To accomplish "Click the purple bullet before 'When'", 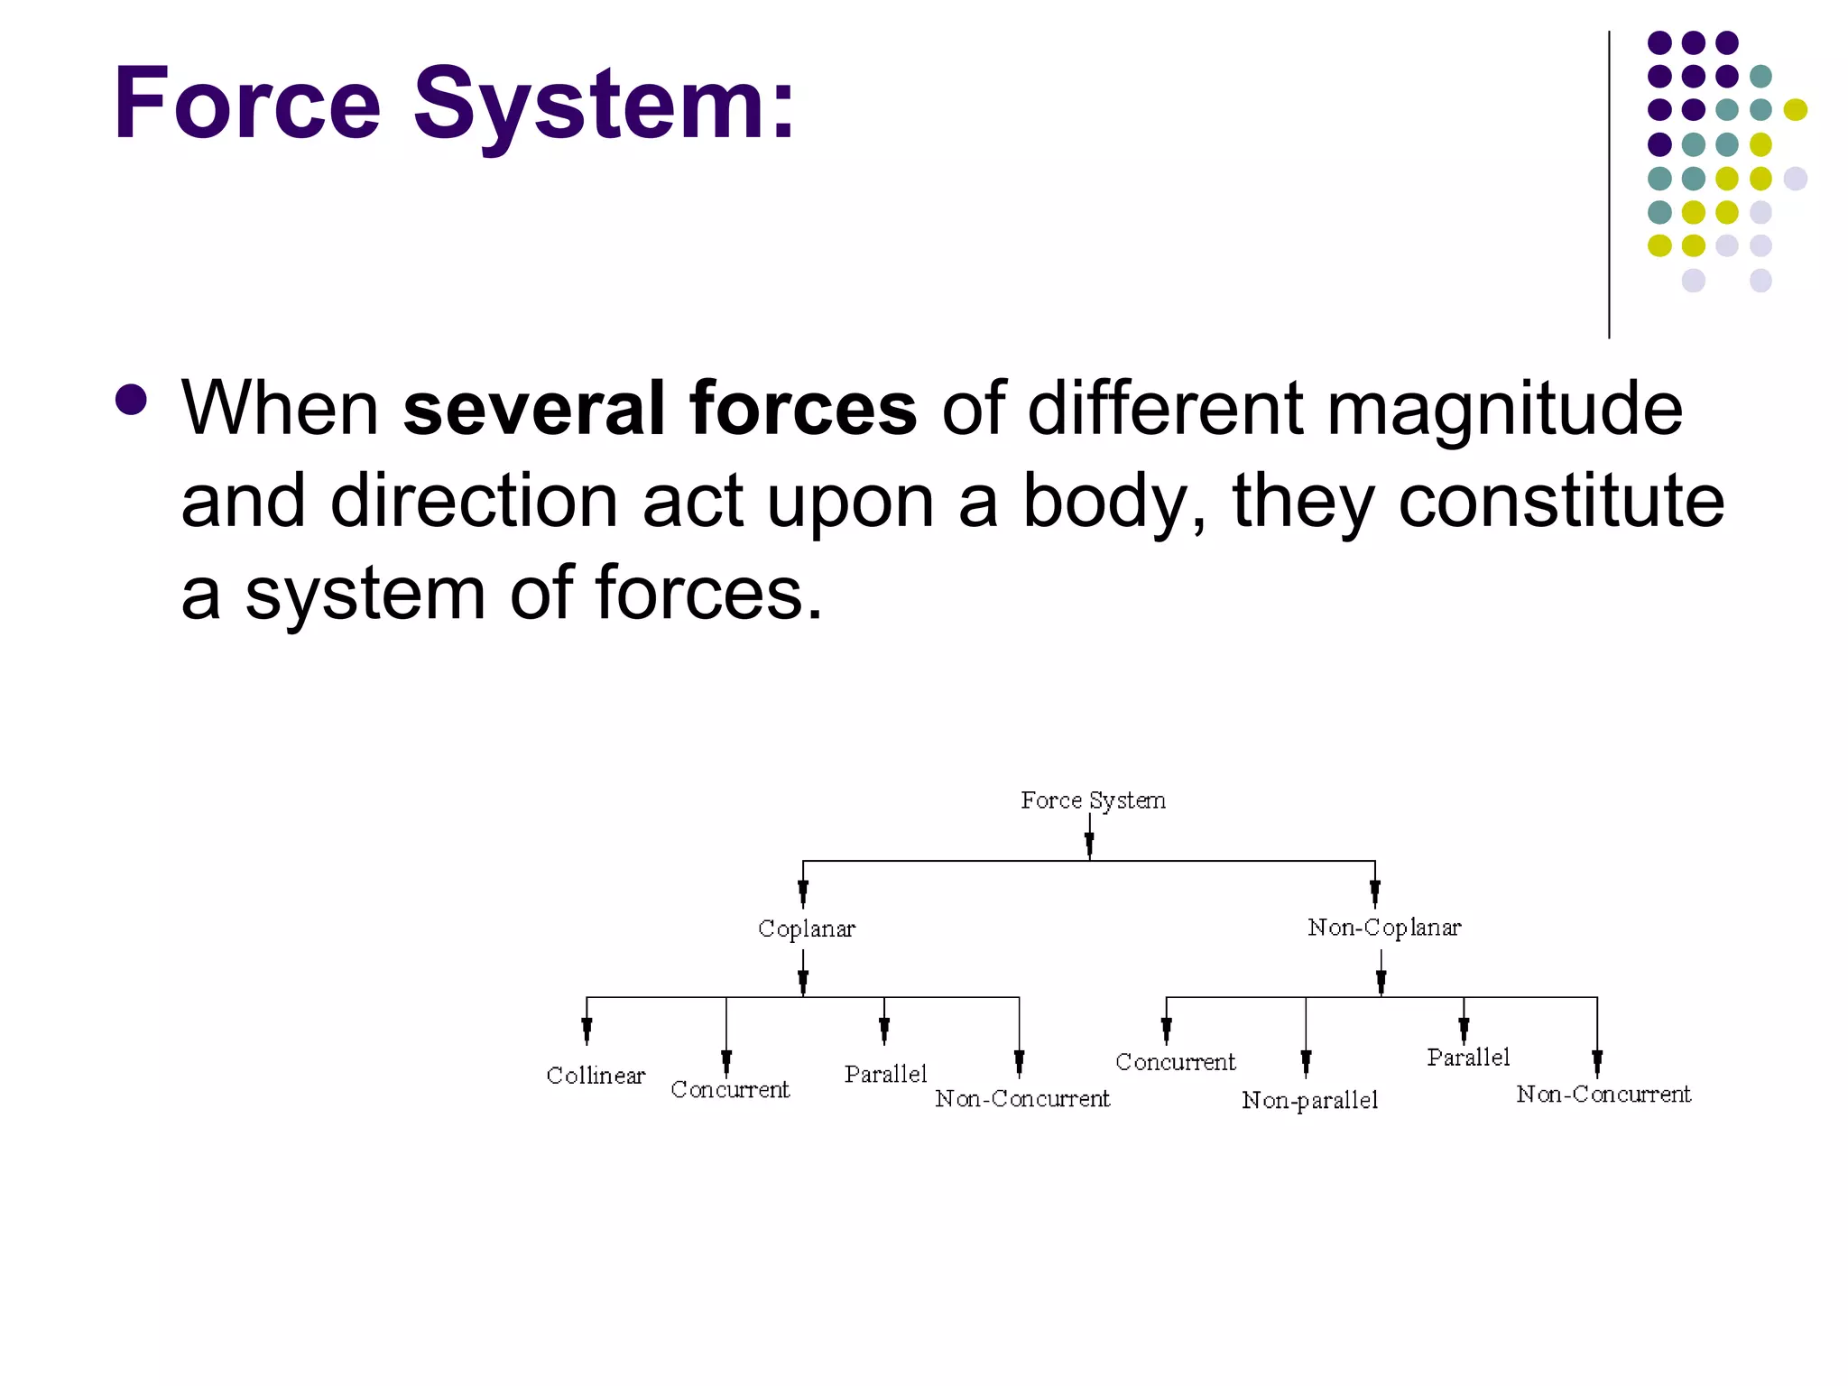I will pyautogui.click(x=132, y=400).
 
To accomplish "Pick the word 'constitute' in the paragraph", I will pyautogui.click(x=1561, y=501).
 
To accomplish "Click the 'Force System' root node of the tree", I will pyautogui.click(x=1093, y=800).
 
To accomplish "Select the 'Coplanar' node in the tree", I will pyautogui.click(x=806, y=929).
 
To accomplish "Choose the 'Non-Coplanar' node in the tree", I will pyautogui.click(x=1384, y=928).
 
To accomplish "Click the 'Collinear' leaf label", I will pyautogui.click(x=596, y=1076).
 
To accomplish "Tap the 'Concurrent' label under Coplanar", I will pyautogui.click(x=730, y=1090).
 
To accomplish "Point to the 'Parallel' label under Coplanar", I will pyautogui.click(x=885, y=1074).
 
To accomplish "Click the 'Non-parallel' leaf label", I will pyautogui.click(x=1309, y=1100).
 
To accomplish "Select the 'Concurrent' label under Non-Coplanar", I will pyautogui.click(x=1175, y=1062).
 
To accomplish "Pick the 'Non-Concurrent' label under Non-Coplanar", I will pyautogui.click(x=1603, y=1095).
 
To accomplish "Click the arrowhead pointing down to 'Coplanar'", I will pyautogui.click(x=803, y=892).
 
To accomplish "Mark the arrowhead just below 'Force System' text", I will pyautogui.click(x=1090, y=843).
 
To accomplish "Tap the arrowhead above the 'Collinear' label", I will pyautogui.click(x=587, y=1029).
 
